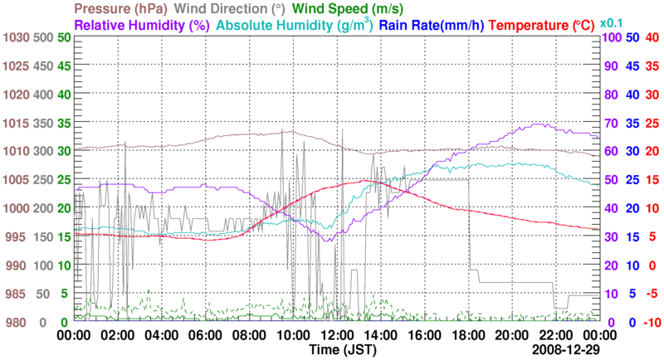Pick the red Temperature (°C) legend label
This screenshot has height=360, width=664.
[545, 26]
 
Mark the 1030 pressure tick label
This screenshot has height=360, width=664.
[15, 37]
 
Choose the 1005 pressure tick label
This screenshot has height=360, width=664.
[15, 180]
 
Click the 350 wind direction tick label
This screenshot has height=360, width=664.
[42, 123]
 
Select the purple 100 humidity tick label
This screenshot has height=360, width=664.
[609, 37]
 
